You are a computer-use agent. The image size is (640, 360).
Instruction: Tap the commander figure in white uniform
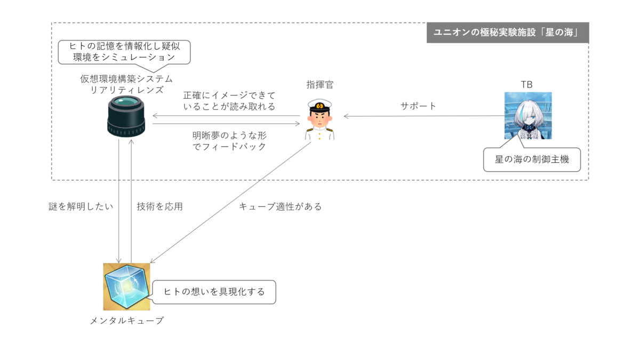(320, 121)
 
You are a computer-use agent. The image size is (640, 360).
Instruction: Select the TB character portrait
(528, 116)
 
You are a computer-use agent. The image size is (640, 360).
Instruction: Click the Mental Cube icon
(126, 286)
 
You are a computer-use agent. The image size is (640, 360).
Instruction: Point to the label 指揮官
(320, 85)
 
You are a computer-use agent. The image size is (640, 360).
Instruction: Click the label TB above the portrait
(526, 85)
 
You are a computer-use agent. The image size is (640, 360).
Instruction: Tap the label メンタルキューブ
(126, 321)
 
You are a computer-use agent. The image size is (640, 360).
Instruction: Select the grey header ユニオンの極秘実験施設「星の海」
(507, 33)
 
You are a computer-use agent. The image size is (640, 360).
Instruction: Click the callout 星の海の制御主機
(532, 159)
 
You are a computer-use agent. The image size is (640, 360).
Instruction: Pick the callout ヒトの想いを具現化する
(214, 292)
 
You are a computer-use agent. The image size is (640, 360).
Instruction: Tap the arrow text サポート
(419, 106)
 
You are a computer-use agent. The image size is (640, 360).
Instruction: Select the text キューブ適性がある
(281, 206)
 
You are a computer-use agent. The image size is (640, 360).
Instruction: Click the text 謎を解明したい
(81, 206)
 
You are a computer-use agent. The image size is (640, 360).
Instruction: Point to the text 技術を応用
(160, 206)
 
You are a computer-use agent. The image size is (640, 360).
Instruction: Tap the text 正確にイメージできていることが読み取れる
(229, 101)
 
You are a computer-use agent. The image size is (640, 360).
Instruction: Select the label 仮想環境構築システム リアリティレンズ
(126, 84)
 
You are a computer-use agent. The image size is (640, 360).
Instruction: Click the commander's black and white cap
(320, 105)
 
